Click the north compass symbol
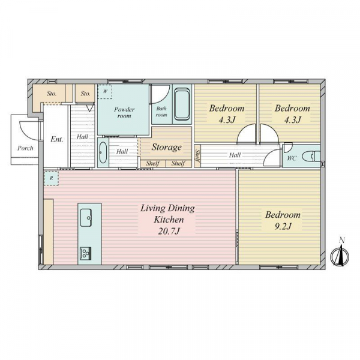(340, 255)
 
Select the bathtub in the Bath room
(182, 104)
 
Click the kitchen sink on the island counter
(86, 217)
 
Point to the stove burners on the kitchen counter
(85, 253)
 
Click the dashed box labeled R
(51, 178)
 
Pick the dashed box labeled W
(105, 92)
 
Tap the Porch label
(25, 148)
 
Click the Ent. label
(57, 139)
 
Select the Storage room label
(166, 147)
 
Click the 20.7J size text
(169, 231)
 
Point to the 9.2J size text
(283, 226)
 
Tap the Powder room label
(124, 113)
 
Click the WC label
(292, 158)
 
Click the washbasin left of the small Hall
(103, 152)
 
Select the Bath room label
(161, 112)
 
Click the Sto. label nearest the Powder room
(85, 94)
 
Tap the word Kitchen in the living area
(169, 220)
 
